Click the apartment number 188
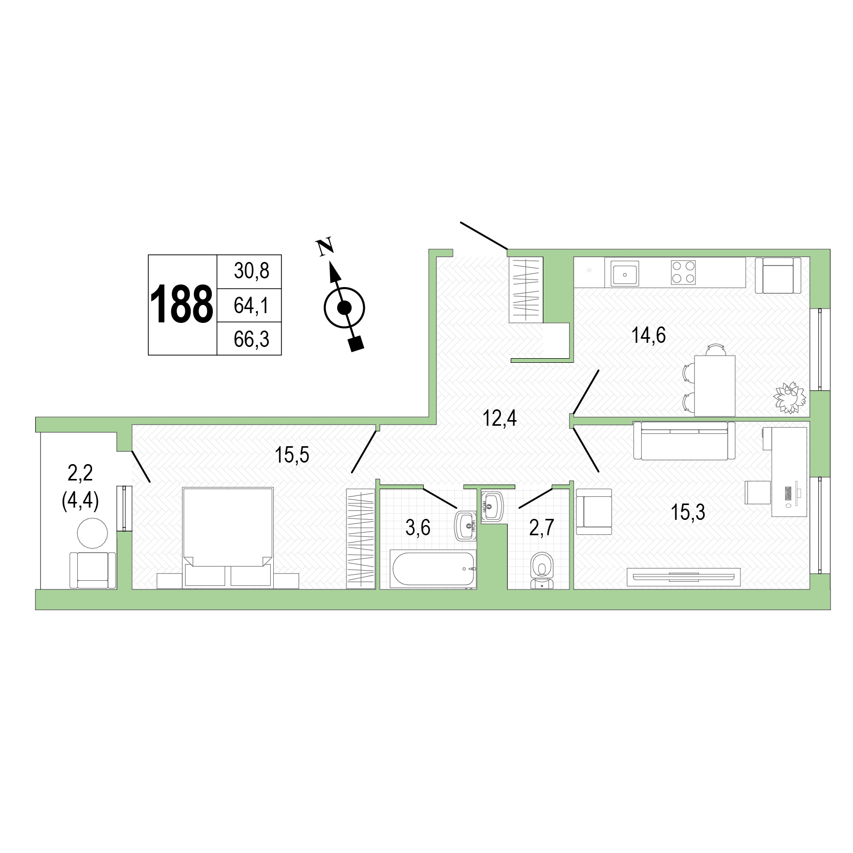click(182, 305)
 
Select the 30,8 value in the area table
click(251, 271)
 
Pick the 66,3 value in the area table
click(251, 339)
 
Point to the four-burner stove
click(684, 272)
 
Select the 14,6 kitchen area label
click(648, 336)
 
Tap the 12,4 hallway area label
click(499, 419)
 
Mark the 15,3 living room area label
click(687, 512)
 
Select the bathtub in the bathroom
click(433, 568)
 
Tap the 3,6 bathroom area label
click(418, 528)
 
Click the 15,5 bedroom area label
click(292, 455)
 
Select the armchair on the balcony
click(93, 570)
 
